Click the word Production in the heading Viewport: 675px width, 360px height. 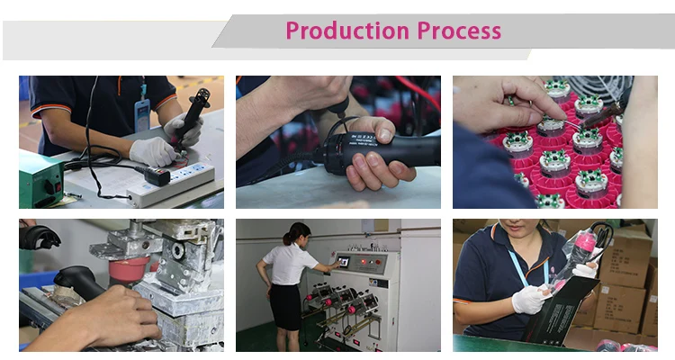click(x=347, y=31)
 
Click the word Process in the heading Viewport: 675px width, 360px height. click(x=459, y=31)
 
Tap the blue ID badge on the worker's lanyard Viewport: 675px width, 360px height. click(x=141, y=115)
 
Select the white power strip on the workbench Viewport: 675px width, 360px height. click(x=171, y=184)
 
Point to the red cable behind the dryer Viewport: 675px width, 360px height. click(x=418, y=93)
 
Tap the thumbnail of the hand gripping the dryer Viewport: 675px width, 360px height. click(x=338, y=142)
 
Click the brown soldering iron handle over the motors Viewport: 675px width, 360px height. click(x=602, y=114)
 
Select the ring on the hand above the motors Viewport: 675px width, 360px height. click(x=531, y=103)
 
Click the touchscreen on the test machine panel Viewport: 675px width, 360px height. click(x=344, y=261)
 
